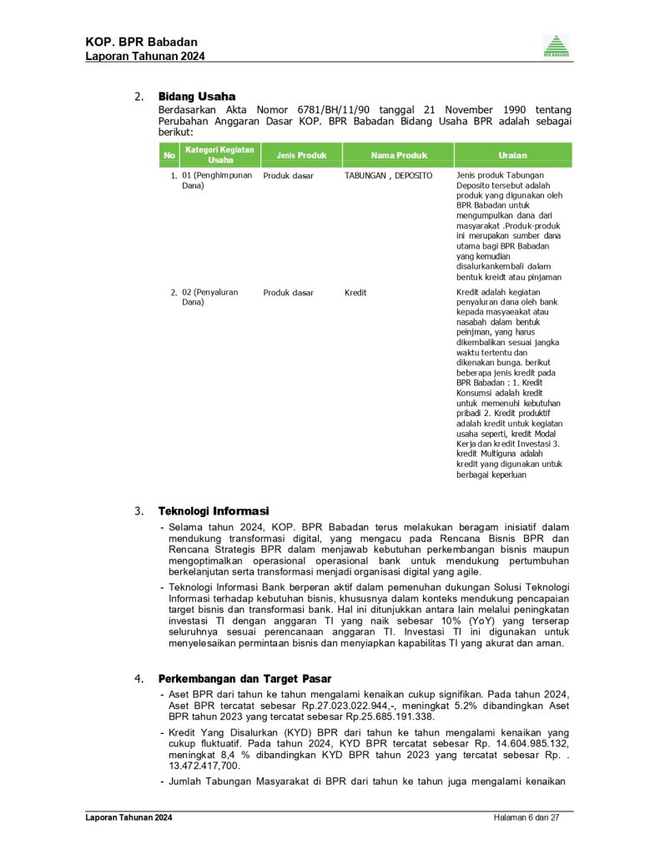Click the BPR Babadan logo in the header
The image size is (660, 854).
coord(557,46)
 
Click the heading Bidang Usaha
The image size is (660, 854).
coord(197,97)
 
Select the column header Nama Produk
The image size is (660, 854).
coord(399,155)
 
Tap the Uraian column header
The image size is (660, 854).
coord(512,155)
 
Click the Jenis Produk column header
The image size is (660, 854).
coord(295,155)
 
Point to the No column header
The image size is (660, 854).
coord(169,155)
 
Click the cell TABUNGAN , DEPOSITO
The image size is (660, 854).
coord(388,176)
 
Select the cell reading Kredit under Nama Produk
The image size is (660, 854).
coord(355,293)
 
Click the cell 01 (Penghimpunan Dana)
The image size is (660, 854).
coord(215,181)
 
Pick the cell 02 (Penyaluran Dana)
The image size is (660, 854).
coord(210,297)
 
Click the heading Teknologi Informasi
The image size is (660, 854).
coord(214,510)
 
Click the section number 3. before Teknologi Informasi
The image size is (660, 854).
coord(139,510)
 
